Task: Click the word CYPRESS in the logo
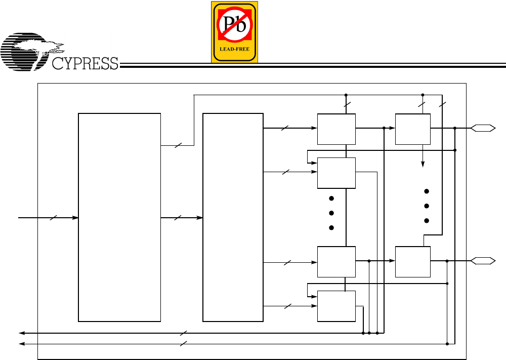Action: point(85,63)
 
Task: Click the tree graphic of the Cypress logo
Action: point(30,51)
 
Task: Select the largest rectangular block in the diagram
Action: point(119,217)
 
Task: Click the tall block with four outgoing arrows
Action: point(233,217)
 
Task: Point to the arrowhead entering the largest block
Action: point(75,218)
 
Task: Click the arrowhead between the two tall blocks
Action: point(200,218)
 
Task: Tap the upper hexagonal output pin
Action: point(483,129)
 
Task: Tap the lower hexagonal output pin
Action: point(483,261)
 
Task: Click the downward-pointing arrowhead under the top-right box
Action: point(423,164)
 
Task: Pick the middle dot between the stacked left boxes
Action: point(331,213)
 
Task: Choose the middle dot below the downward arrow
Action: point(427,206)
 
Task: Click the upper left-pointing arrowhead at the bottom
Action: point(22,333)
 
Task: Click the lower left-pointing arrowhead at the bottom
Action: point(22,344)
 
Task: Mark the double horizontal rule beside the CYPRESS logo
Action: point(314,65)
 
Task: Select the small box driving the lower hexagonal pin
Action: point(412,262)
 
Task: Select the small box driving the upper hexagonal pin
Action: point(412,129)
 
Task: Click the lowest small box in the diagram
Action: point(336,306)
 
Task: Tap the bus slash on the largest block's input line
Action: point(54,218)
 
